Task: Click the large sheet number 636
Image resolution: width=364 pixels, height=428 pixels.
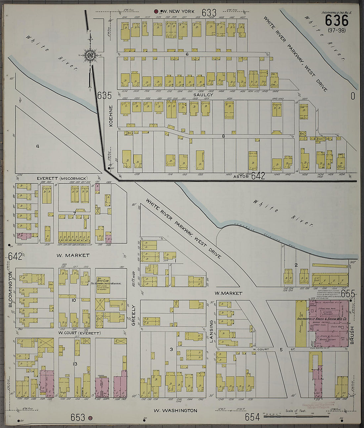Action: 337,21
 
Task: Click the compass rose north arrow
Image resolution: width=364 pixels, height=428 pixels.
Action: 89,55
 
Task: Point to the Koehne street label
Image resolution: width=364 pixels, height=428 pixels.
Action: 111,116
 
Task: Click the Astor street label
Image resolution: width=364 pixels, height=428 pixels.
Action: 241,177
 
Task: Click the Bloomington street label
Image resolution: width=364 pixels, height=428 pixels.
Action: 10,289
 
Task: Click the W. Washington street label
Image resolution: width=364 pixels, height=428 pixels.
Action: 175,410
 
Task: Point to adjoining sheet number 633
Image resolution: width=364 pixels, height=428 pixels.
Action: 209,13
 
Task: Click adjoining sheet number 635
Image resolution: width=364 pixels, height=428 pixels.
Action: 104,96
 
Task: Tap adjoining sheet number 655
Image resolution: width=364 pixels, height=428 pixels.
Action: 348,293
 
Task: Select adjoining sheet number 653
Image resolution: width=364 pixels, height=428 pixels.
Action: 77,417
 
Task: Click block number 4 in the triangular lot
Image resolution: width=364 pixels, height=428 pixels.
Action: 37,146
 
